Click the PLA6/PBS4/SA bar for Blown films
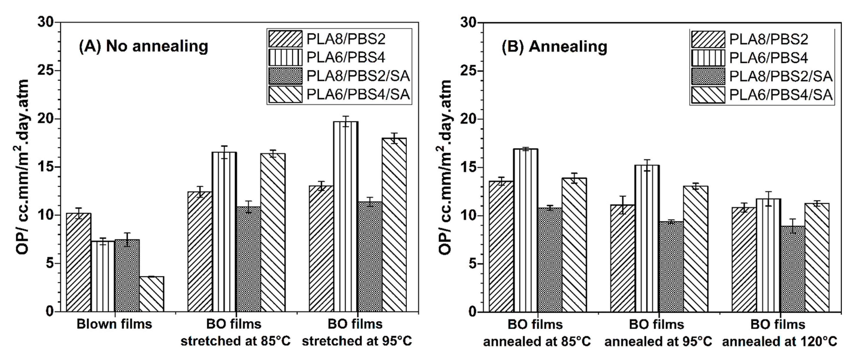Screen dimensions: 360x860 pos(151,294)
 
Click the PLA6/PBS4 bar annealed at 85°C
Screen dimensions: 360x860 pos(525,230)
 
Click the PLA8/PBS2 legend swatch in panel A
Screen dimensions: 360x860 pos(285,39)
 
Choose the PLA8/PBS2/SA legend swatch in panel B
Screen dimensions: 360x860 pos(708,76)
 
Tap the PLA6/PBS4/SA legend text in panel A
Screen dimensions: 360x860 pos(358,95)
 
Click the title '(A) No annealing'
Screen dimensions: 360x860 pos(143,46)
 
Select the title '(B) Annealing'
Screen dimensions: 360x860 pos(554,46)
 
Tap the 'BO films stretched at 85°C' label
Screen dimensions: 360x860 pos(235,333)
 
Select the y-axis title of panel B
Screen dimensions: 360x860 pos(445,167)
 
